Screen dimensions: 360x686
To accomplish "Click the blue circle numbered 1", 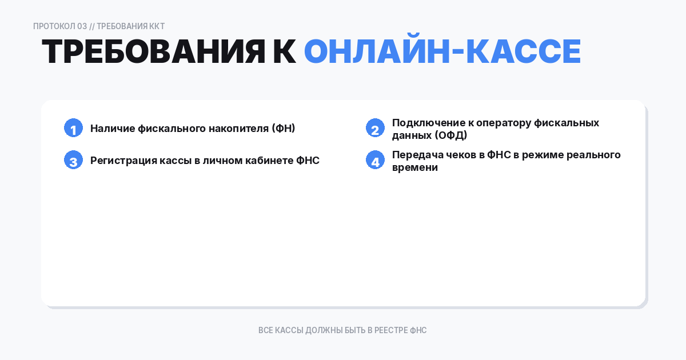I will click(x=73, y=128).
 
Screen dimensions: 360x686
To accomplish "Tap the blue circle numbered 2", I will click(x=375, y=128).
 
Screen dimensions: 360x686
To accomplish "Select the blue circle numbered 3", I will click(x=73, y=160).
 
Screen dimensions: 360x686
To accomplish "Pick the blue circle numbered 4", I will click(x=375, y=160).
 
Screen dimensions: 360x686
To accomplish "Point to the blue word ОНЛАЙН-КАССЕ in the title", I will click(x=442, y=52).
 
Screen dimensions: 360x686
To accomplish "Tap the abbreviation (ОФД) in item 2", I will click(x=450, y=135).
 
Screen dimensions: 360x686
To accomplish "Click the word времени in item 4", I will click(x=415, y=167).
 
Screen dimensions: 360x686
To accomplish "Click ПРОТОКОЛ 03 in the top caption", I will click(x=60, y=26).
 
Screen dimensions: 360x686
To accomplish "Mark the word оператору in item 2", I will click(x=505, y=123).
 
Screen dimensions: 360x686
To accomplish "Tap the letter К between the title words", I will click(x=284, y=52).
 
